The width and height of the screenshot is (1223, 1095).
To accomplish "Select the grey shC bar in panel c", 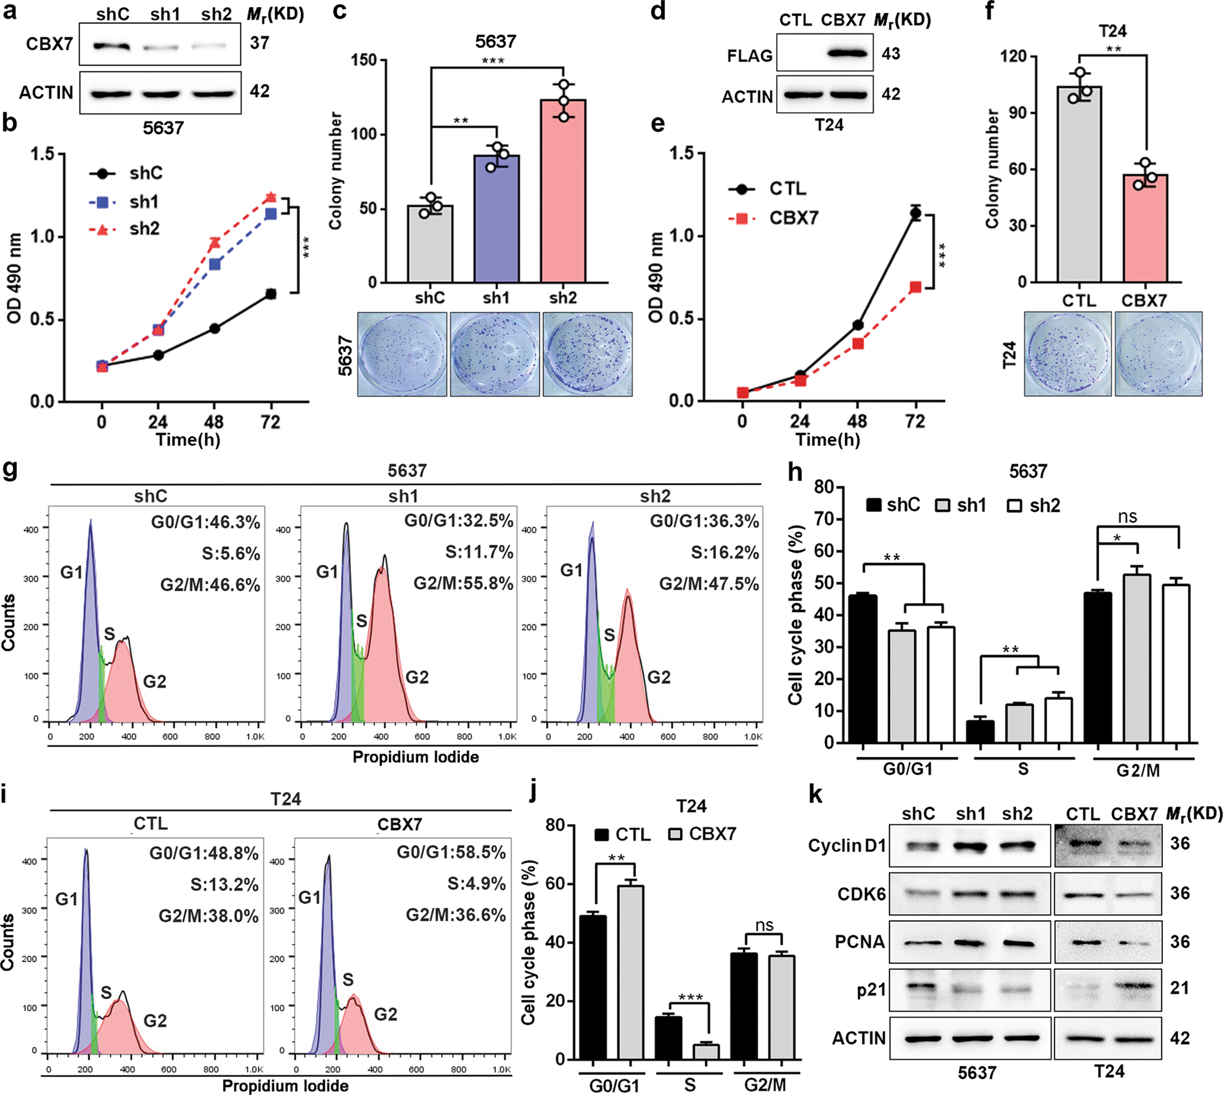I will pyautogui.click(x=430, y=244).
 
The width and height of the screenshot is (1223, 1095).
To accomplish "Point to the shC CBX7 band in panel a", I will pyautogui.click(x=112, y=46).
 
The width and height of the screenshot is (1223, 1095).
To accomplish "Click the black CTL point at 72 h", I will pyautogui.click(x=915, y=213).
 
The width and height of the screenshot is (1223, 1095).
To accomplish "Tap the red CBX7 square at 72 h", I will pyautogui.click(x=915, y=288).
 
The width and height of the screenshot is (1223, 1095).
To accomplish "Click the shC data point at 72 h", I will pyautogui.click(x=271, y=294).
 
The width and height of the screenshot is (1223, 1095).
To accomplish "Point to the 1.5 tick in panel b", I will pyautogui.click(x=42, y=154).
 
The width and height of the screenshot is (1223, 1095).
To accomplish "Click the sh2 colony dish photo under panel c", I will pyautogui.click(x=587, y=354).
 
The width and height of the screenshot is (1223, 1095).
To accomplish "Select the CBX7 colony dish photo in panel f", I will pyautogui.click(x=1158, y=353).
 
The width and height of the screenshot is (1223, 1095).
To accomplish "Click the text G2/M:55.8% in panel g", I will pyautogui.click(x=462, y=584).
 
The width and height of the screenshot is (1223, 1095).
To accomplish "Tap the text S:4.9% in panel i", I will pyautogui.click(x=476, y=883).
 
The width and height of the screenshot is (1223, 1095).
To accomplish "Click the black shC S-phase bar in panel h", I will pyautogui.click(x=980, y=731).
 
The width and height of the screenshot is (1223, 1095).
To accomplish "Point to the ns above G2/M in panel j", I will pyautogui.click(x=764, y=925).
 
